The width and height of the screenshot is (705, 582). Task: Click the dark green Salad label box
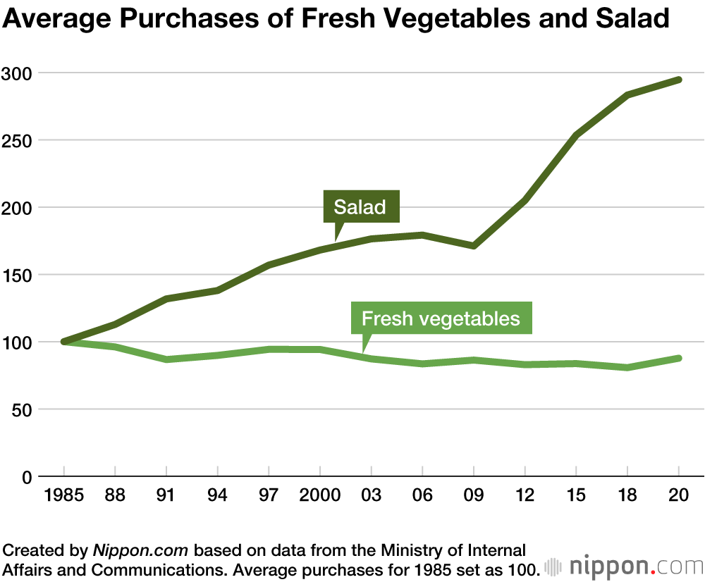360,206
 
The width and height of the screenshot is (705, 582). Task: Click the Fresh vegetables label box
441,318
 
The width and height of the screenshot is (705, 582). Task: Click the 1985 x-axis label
63,495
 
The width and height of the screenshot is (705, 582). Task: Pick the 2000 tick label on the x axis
320,495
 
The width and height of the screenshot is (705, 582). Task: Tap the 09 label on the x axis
474,495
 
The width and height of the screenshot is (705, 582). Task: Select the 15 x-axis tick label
576,495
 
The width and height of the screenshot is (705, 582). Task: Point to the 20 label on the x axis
678,495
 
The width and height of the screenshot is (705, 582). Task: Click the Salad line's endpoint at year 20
679,80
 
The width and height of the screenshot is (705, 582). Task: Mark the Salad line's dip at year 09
474,246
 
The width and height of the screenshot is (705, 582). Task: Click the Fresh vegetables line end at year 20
679,358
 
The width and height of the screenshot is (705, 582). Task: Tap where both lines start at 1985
64,342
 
